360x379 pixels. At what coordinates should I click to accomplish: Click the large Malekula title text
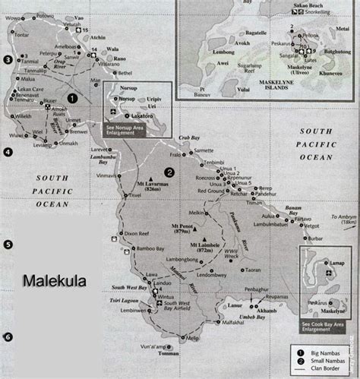[54, 281]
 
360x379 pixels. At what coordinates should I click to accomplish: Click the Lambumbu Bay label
[108, 159]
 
